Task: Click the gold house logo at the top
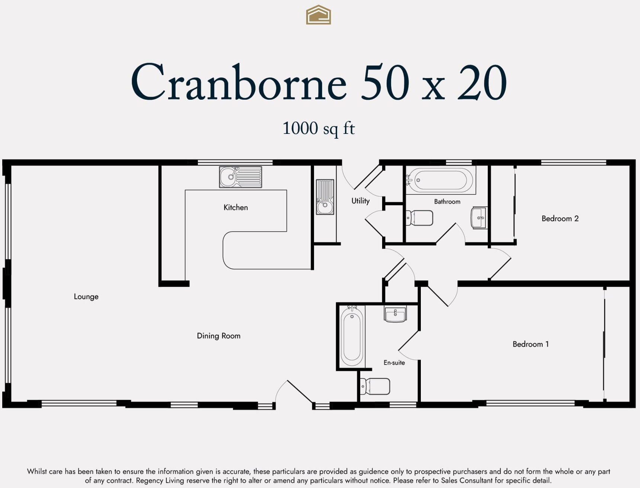[319, 15]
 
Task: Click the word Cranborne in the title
[239, 82]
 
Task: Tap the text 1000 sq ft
[319, 129]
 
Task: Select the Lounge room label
[86, 297]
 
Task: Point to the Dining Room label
[218, 336]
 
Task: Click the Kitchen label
[236, 208]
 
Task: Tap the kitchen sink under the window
[240, 177]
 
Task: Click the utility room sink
[325, 197]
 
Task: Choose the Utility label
[361, 201]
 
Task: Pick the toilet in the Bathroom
[419, 218]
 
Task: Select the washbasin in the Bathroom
[479, 218]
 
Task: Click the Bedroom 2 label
[560, 219]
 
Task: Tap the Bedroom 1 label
[531, 344]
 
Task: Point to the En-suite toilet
[375, 386]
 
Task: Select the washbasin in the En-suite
[395, 314]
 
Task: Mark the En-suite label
[394, 363]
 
